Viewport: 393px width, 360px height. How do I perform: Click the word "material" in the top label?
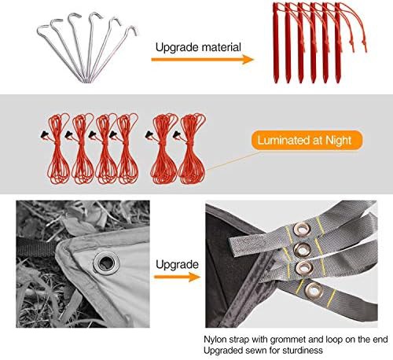point(221,47)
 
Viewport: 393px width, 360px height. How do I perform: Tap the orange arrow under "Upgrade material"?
point(202,60)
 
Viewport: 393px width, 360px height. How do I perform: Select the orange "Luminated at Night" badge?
point(307,141)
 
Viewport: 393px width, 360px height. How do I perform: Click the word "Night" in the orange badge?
point(338,141)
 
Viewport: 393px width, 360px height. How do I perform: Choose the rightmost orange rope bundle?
point(191,148)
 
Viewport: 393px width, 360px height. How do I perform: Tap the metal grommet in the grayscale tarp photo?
point(106,262)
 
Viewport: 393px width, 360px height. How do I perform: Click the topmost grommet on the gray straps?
point(302,230)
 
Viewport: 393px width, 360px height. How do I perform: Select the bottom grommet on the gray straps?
point(314,290)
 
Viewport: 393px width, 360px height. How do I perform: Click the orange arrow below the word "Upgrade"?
point(178,277)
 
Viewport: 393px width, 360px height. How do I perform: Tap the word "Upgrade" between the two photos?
point(177,265)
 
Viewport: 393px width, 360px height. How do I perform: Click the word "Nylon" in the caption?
point(215,340)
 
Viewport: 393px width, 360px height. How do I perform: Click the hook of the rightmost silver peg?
point(132,30)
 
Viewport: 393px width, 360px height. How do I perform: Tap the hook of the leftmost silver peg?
point(43,29)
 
